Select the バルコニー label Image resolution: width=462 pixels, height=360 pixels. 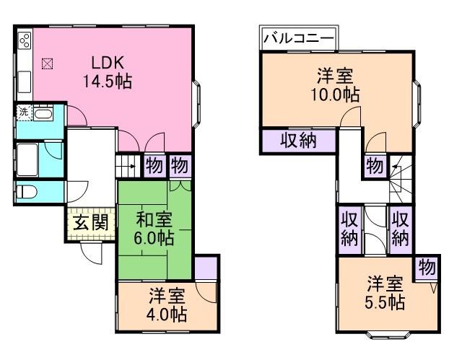298,38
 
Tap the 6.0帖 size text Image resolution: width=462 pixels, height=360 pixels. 155,237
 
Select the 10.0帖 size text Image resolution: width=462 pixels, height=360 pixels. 337,93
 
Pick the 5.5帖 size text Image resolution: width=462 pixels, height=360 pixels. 383,301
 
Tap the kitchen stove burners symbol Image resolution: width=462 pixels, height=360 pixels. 23,40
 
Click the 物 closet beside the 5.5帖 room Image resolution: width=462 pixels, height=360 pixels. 427,268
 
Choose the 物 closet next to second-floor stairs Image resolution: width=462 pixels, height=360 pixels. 374,165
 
